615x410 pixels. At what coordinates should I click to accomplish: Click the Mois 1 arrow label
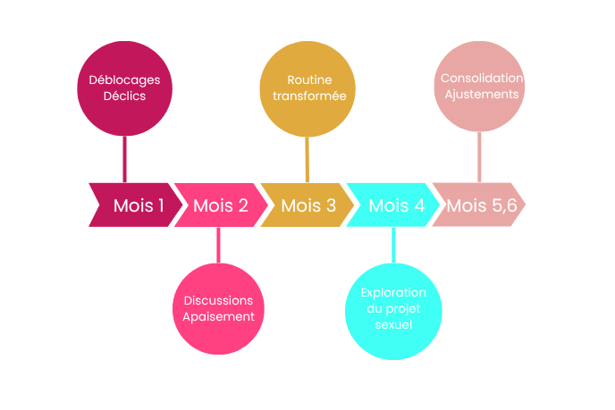tap(139, 205)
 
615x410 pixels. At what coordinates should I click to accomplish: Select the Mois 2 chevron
tap(221, 205)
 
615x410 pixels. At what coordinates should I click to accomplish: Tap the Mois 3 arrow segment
tap(308, 205)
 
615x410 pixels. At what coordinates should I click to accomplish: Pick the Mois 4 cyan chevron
tap(396, 205)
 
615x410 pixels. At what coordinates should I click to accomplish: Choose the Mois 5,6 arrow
tap(482, 205)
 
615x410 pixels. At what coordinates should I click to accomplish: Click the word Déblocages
tap(124, 79)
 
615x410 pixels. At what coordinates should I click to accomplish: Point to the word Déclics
tap(124, 96)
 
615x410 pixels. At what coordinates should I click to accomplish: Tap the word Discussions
tap(218, 300)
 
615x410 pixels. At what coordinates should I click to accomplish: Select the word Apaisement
tap(218, 316)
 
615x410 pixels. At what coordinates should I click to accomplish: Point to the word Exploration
tap(393, 293)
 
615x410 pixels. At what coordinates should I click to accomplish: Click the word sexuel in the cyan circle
tap(393, 325)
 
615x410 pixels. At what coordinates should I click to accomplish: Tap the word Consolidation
tap(481, 78)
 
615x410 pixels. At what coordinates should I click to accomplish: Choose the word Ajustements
tap(481, 94)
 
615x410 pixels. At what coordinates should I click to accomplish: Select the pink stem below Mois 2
tap(218, 245)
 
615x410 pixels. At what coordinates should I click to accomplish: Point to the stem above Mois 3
tap(307, 159)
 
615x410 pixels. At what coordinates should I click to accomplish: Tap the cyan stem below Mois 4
tap(393, 245)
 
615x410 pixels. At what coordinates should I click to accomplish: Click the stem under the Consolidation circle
tap(481, 156)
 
